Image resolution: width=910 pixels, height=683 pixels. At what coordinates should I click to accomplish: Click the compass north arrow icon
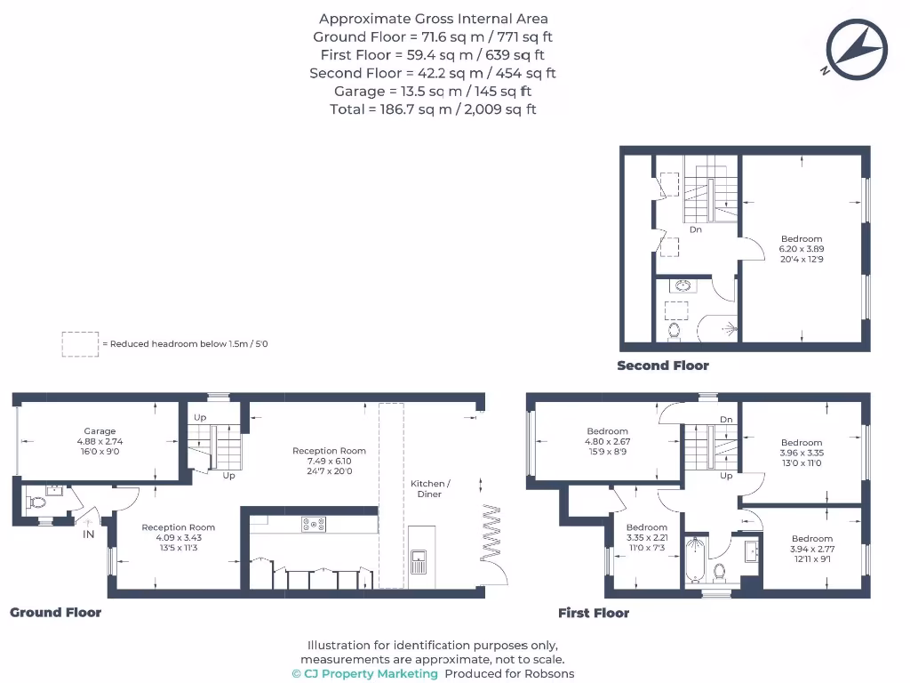click(857, 49)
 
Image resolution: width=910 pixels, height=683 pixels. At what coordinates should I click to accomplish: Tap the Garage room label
click(100, 431)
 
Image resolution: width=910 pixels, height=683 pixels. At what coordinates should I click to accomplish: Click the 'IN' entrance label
click(89, 534)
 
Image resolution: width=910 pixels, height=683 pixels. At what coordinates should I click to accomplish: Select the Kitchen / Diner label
click(430, 488)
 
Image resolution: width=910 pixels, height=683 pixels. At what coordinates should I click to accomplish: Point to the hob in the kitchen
click(314, 525)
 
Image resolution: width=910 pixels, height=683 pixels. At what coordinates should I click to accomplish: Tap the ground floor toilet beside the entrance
click(36, 502)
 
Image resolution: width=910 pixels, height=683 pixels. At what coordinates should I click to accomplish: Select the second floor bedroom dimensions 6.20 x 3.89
click(802, 249)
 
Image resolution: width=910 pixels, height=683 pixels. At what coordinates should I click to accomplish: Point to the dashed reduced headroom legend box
click(80, 344)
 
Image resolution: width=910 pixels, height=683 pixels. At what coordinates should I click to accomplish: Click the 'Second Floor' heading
click(663, 366)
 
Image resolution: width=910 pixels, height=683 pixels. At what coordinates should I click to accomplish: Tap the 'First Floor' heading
click(593, 613)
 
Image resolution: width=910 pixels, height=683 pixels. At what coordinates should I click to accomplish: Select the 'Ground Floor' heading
click(55, 613)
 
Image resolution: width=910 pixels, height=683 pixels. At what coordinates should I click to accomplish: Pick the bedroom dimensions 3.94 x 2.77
click(812, 549)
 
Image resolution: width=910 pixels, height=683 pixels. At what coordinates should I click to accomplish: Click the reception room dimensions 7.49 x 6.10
click(329, 462)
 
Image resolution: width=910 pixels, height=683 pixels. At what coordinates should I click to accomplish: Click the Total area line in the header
click(433, 109)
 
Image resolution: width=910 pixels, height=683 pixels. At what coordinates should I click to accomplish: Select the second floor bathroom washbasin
click(682, 286)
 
